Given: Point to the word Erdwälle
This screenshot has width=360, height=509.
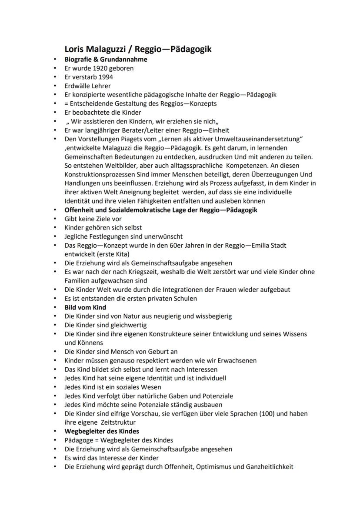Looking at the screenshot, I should pyautogui.click(x=77, y=86).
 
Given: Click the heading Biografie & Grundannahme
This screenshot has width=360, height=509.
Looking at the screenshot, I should pyautogui.click(x=106, y=59).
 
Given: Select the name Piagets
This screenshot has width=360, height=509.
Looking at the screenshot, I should pyautogui.click(x=127, y=139).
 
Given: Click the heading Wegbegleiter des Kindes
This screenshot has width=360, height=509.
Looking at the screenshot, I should pyautogui.click(x=102, y=431).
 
